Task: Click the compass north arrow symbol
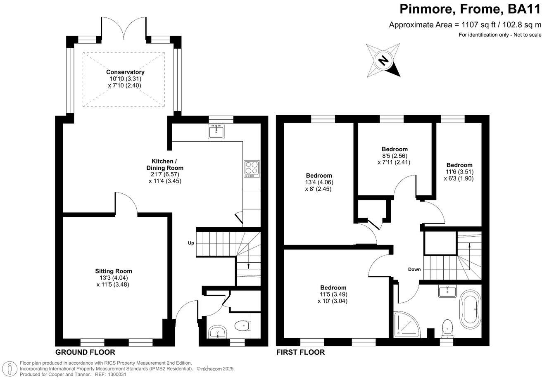click(384, 61)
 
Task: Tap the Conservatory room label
click(125, 72)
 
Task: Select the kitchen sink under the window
click(216, 132)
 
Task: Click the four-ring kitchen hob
click(251, 169)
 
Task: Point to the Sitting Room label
click(114, 271)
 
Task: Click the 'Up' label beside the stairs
click(191, 243)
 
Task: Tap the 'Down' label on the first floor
click(414, 269)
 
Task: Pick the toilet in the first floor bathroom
click(447, 328)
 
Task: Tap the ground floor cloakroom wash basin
click(217, 332)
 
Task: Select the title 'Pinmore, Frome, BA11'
click(470, 9)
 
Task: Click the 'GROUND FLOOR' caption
click(85, 352)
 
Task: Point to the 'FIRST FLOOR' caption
click(300, 352)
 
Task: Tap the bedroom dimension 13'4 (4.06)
click(319, 182)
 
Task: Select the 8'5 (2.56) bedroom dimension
click(394, 156)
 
